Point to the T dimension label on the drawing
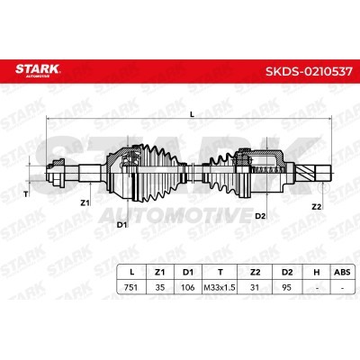(x=25, y=193)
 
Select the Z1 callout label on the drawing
(x=85, y=203)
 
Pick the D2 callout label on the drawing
(x=260, y=216)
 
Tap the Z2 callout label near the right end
(x=316, y=206)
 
